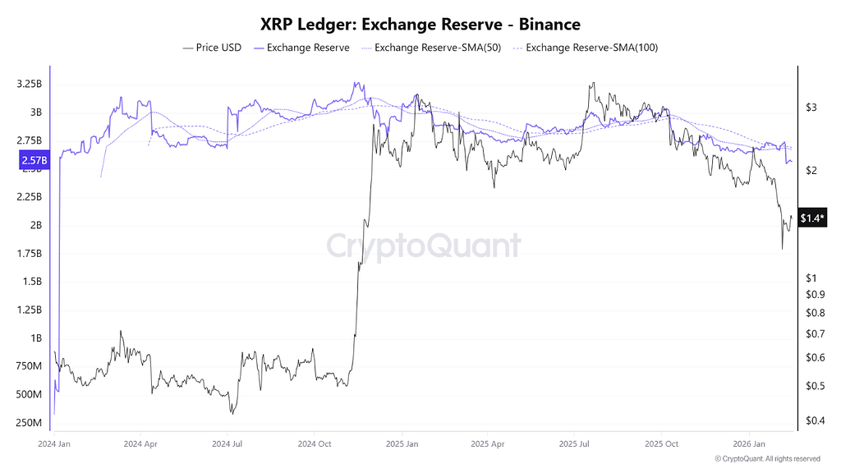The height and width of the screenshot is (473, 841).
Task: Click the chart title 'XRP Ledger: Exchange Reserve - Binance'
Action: [420, 25]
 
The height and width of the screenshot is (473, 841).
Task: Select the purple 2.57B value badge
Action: [34, 161]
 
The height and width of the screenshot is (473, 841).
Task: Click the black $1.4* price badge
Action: [812, 218]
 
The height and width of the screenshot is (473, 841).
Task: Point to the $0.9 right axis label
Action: [814, 295]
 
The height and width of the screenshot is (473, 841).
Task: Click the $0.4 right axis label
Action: [814, 421]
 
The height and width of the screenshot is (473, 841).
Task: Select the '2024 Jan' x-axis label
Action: [54, 443]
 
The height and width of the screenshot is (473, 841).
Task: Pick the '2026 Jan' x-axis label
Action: [748, 443]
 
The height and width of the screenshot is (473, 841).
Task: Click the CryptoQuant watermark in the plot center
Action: [423, 246]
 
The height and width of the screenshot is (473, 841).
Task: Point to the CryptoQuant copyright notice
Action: [766, 459]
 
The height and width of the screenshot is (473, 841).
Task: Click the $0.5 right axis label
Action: [814, 386]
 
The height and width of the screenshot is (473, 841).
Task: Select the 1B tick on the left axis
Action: [34, 338]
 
